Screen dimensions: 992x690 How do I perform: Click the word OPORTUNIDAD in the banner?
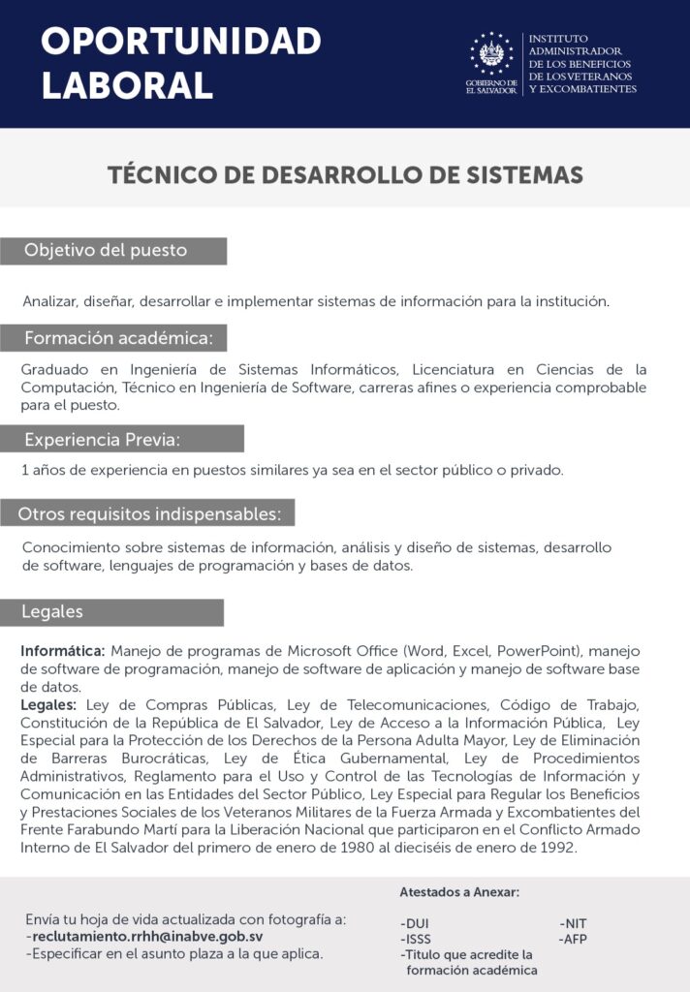click(181, 42)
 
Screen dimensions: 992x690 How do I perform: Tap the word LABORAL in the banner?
click(127, 84)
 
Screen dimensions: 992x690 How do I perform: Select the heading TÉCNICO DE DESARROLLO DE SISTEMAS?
click(345, 174)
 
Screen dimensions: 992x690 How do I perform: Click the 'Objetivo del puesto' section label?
click(106, 251)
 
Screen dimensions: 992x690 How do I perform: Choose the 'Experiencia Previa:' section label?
click(103, 439)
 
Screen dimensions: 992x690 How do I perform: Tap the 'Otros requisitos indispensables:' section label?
click(149, 512)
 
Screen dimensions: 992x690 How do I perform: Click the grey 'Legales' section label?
click(52, 612)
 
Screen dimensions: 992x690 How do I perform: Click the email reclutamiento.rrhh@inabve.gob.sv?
click(146, 937)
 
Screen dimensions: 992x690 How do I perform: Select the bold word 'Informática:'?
click(63, 650)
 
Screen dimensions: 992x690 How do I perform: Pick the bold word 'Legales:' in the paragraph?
click(49, 704)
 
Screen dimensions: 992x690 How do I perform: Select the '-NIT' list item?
click(574, 923)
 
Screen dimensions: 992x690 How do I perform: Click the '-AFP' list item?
click(574, 939)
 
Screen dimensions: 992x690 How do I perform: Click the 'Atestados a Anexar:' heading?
click(459, 892)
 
